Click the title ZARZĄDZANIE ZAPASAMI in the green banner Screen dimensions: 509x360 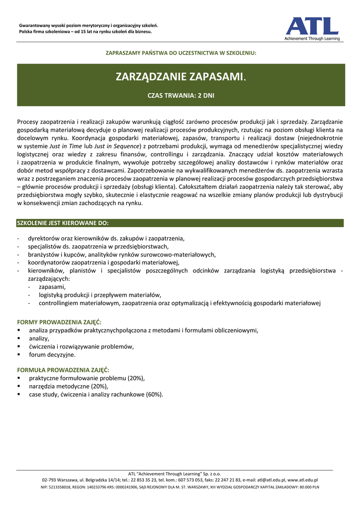180,77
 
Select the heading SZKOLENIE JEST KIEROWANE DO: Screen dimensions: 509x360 63,223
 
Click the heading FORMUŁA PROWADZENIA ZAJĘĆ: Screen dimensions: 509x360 63,370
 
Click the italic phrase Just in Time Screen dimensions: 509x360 67,146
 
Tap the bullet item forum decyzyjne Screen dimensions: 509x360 52,354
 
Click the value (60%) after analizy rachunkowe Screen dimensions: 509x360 154,394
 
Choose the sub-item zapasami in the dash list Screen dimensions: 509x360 52,287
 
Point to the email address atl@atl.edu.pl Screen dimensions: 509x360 271,480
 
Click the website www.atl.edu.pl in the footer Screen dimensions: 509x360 303,480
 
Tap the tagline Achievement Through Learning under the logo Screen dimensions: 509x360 312,38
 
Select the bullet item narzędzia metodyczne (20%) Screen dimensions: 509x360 68,386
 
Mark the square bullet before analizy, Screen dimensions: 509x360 18,338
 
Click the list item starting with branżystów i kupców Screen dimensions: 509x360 122,254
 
